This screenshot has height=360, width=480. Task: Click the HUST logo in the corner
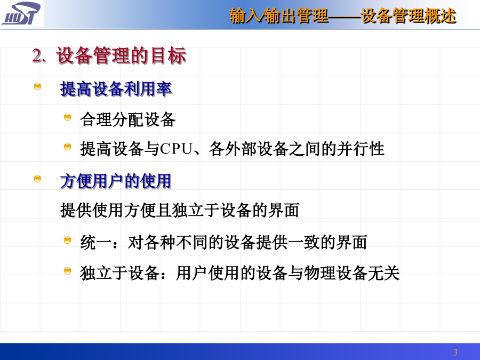pyautogui.click(x=21, y=13)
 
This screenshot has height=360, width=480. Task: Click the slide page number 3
pyautogui.click(x=455, y=352)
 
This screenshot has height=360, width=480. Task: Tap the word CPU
pyautogui.click(x=177, y=149)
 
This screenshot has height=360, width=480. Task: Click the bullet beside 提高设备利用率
pyautogui.click(x=37, y=86)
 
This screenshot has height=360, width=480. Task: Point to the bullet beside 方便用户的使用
pyautogui.click(x=37, y=179)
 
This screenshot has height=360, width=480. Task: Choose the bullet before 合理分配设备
pyautogui.click(x=67, y=117)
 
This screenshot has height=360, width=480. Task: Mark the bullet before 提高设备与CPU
pyautogui.click(x=67, y=147)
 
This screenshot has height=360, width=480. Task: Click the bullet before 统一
pyautogui.click(x=67, y=240)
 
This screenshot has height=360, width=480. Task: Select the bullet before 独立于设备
pyautogui.click(x=67, y=271)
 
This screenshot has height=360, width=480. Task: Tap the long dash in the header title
pyautogui.click(x=345, y=17)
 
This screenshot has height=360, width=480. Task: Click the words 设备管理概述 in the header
pyautogui.click(x=409, y=16)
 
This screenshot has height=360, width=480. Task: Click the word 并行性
pyautogui.click(x=361, y=149)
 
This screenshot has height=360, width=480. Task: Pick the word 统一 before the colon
pyautogui.click(x=96, y=242)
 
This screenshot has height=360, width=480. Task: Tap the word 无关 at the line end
pyautogui.click(x=383, y=273)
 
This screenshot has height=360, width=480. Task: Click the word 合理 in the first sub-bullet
pyautogui.click(x=96, y=119)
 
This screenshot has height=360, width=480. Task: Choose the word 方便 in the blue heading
pyautogui.click(x=76, y=181)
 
